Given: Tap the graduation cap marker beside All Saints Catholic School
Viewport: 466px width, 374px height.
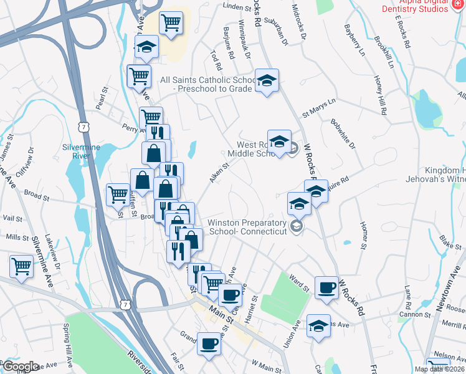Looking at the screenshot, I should (267, 80).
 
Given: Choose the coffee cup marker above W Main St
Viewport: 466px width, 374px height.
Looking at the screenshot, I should (209, 343).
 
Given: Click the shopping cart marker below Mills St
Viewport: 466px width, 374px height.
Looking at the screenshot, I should (22, 266).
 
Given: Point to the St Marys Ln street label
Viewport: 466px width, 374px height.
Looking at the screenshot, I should (318, 107).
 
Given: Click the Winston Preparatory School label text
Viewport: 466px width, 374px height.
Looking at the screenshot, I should (247, 227).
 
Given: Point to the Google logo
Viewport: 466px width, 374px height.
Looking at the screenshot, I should (21, 367).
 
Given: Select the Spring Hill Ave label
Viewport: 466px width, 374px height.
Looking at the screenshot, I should (69, 342).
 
